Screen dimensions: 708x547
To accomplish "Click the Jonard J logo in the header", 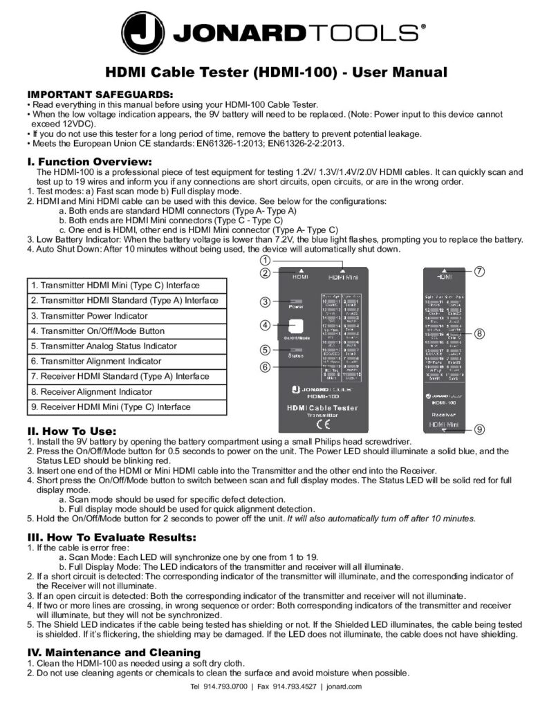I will click(x=143, y=32).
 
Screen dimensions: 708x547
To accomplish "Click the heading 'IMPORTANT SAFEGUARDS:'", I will click(x=100, y=93).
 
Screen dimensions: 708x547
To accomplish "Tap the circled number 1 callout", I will click(x=265, y=260).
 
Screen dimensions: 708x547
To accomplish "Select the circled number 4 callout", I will click(x=265, y=325).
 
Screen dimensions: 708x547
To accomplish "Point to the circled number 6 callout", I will click(x=265, y=367).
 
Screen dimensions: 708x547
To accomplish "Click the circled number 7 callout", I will click(x=479, y=270).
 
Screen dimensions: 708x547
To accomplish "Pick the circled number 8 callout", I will click(x=479, y=333).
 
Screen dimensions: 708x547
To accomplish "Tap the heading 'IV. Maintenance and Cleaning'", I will click(x=113, y=652).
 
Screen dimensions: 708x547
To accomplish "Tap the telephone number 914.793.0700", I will click(x=224, y=687).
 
